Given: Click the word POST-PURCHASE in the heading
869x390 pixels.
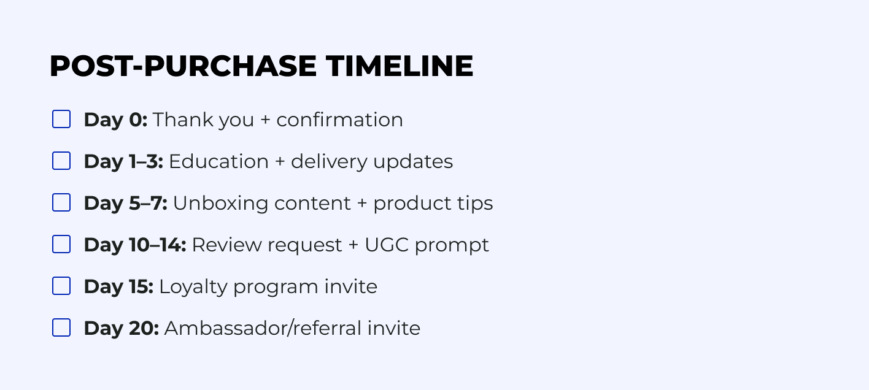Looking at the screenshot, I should click(183, 66).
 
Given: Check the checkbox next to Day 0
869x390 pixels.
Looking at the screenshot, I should click(61, 119).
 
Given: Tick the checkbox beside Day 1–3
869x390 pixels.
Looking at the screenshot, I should click(61, 161).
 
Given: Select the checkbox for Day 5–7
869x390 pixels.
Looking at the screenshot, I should click(61, 202).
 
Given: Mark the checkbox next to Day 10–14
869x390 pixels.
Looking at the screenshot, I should click(61, 244).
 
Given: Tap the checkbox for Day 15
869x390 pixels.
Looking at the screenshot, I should click(61, 286).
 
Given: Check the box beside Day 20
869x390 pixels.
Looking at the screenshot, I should click(61, 327).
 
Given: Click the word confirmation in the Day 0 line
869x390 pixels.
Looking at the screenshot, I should click(339, 120).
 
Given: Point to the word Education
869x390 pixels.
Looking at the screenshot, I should click(218, 161).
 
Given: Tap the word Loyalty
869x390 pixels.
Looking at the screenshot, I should click(193, 287).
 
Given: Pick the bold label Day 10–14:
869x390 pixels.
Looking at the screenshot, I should click(135, 245).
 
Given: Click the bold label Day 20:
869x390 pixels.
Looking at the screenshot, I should click(122, 328).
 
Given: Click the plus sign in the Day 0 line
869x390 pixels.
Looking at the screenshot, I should click(265, 120).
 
